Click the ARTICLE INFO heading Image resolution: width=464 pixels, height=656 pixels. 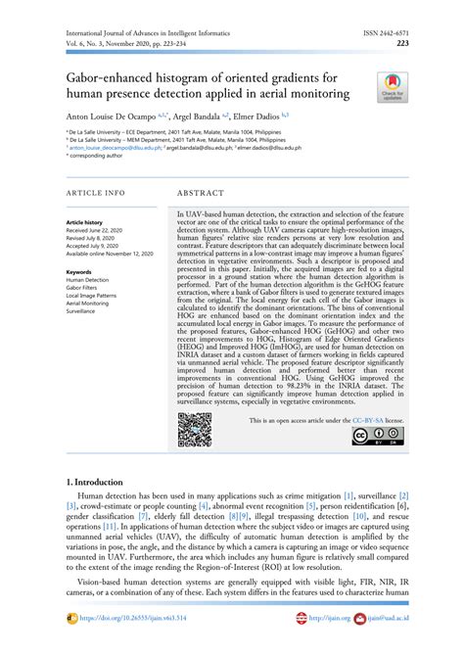pyautogui.click(x=95, y=193)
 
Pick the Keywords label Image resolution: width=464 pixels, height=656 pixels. pyautogui.click(x=79, y=271)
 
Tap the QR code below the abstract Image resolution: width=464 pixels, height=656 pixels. pyautogui.click(x=194, y=430)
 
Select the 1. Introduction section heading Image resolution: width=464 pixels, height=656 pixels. pyautogui.click(x=95, y=482)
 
